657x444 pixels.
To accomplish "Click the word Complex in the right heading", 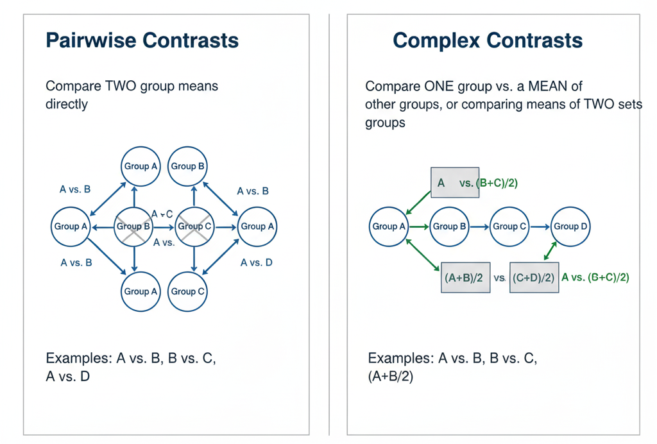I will (x=436, y=40).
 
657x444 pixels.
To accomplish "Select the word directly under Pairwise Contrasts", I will (x=67, y=104).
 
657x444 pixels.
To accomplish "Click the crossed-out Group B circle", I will (x=134, y=226).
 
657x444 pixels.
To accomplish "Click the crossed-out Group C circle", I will (x=194, y=226).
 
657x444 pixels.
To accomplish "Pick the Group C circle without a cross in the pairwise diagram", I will (x=188, y=291).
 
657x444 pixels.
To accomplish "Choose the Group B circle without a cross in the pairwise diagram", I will (x=188, y=166).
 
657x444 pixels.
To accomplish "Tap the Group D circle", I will (x=570, y=226).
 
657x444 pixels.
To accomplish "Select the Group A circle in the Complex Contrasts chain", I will (x=389, y=226).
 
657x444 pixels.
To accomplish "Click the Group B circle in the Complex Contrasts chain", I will (x=450, y=226).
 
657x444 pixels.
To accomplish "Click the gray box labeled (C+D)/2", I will (x=534, y=277).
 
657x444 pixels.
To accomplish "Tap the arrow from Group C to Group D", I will (x=540, y=226).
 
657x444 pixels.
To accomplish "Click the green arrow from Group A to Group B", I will (x=420, y=226).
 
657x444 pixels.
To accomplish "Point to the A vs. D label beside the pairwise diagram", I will (x=256, y=262).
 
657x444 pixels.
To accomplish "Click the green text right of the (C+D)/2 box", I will (x=595, y=277).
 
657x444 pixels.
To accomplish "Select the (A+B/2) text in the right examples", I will (x=391, y=377).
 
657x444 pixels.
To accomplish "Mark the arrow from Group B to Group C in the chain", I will (x=479, y=226).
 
